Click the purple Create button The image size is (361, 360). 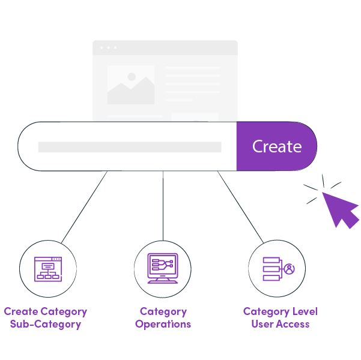(x=276, y=146)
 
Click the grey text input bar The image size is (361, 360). (x=129, y=147)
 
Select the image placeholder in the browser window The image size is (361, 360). (x=130, y=85)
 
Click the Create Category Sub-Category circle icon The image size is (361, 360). (x=48, y=269)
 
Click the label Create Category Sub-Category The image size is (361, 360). (x=46, y=318)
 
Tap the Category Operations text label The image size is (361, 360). (x=163, y=318)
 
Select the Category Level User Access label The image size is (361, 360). (x=280, y=318)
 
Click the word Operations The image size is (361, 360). (x=163, y=325)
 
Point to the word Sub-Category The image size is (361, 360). (x=46, y=325)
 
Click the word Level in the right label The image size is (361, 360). (x=303, y=311)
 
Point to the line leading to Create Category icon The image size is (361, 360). (x=84, y=207)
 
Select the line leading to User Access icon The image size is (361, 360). (x=240, y=207)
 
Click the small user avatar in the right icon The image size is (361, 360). (x=290, y=269)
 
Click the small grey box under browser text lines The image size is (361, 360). (x=195, y=116)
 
